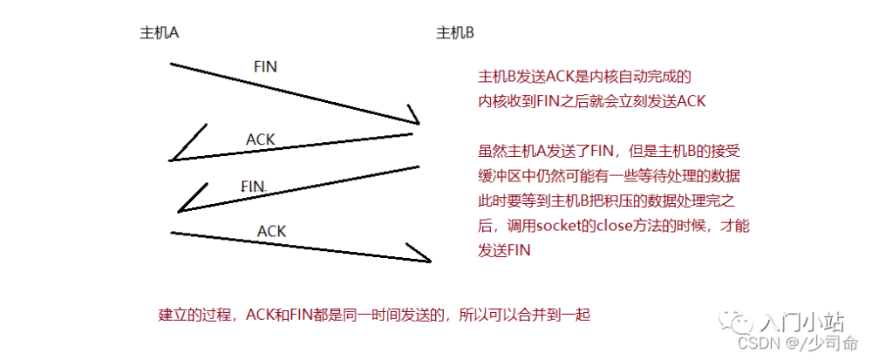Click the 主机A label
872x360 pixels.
coord(160,33)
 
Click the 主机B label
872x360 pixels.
coord(455,33)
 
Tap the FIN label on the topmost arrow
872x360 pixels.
coord(265,66)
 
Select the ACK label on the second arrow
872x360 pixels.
coord(261,139)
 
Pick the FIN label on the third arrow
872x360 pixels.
coord(253,187)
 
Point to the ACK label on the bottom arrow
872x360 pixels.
coord(271,231)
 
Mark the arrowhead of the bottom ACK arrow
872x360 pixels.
coord(424,256)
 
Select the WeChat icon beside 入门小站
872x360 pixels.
coord(743,323)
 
